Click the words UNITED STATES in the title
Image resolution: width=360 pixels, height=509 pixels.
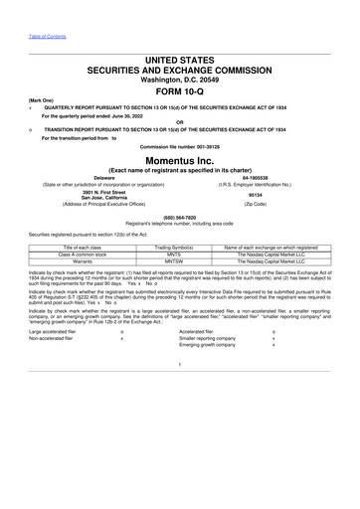[180, 63]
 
